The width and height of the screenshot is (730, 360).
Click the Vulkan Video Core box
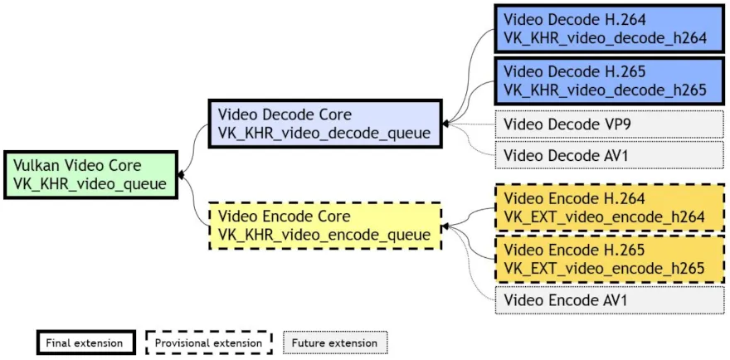click(x=91, y=175)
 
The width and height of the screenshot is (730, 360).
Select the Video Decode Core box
click(x=324, y=124)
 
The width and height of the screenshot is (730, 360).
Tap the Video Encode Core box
click(x=324, y=226)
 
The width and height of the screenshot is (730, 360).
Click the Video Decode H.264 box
click(x=609, y=28)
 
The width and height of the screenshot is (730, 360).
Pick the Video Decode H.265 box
click(x=609, y=80)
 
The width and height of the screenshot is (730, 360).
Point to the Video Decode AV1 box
click(x=609, y=154)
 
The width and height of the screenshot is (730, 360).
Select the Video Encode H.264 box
click(x=609, y=207)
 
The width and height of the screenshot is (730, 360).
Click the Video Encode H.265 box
click(x=609, y=259)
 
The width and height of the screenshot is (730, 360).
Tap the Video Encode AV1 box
click(x=609, y=299)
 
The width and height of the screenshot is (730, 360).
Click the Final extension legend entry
click(x=85, y=342)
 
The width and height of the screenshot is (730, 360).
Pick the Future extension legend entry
click(x=334, y=342)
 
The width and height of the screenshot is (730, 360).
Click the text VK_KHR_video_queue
click(x=90, y=184)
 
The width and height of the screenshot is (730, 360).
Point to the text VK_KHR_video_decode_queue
click(x=324, y=133)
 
